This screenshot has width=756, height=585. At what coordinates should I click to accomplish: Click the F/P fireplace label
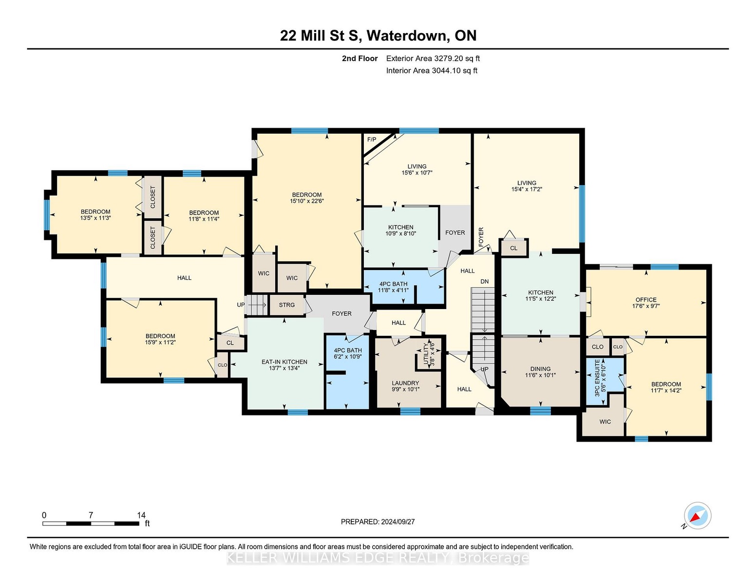[x=372, y=139]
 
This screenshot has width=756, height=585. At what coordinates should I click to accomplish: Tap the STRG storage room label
[x=287, y=305]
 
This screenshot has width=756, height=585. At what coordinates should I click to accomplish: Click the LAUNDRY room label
[x=405, y=383]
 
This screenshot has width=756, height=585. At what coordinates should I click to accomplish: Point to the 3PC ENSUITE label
[x=597, y=378]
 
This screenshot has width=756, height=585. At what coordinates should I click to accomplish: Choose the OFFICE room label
[x=646, y=300]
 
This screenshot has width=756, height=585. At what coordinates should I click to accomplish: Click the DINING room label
[x=540, y=369]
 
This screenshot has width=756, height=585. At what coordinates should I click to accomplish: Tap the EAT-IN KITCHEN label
[x=284, y=362]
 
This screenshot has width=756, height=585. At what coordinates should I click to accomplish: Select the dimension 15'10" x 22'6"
[x=307, y=201]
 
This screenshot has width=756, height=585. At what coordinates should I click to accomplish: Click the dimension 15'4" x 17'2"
[x=527, y=189]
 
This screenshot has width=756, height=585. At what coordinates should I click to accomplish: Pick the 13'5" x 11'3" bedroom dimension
[x=95, y=218]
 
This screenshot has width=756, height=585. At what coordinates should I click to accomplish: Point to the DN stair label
[x=485, y=281]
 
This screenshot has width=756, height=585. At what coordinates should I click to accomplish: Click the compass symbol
[x=698, y=516]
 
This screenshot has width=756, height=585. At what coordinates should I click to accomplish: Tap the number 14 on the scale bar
[x=141, y=515]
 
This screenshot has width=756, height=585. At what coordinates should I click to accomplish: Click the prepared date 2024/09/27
[x=397, y=522]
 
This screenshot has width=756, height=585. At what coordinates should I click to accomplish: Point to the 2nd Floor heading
[x=360, y=58]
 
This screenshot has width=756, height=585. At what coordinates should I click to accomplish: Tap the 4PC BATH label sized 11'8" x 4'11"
[x=393, y=284]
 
